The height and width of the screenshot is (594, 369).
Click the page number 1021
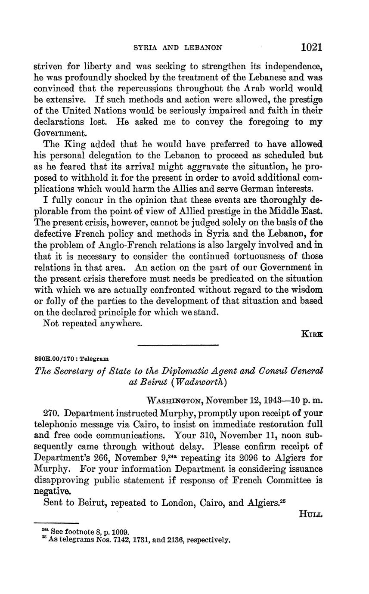(312, 46)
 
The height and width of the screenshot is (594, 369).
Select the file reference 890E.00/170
(53, 358)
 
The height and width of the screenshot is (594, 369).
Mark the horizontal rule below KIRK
(178, 345)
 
